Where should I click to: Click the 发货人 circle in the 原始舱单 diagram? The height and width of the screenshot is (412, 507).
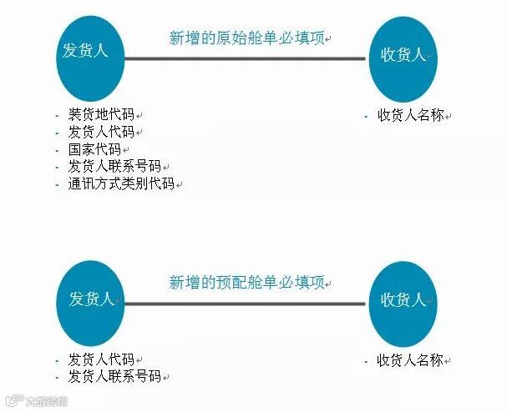(x=91, y=58)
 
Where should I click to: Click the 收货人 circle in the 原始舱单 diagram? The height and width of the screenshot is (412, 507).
(x=403, y=58)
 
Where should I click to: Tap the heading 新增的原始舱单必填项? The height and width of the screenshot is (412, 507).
(x=246, y=38)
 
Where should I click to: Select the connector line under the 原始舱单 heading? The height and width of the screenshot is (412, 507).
(x=246, y=58)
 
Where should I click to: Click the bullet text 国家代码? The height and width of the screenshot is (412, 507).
(x=94, y=149)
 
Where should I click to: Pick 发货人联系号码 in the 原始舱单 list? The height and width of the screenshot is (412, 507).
(x=114, y=166)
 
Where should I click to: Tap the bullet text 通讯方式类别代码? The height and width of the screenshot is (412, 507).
(x=121, y=183)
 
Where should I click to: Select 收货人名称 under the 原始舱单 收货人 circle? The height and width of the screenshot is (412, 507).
(x=410, y=115)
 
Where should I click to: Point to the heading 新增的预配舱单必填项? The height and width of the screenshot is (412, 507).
(x=246, y=282)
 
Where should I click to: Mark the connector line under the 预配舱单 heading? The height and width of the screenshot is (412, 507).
(x=246, y=304)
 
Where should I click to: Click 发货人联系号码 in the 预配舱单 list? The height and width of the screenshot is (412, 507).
(x=114, y=377)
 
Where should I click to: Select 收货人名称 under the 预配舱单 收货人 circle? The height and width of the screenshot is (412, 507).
(x=410, y=360)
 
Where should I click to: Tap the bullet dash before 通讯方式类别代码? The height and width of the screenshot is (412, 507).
(x=57, y=184)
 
